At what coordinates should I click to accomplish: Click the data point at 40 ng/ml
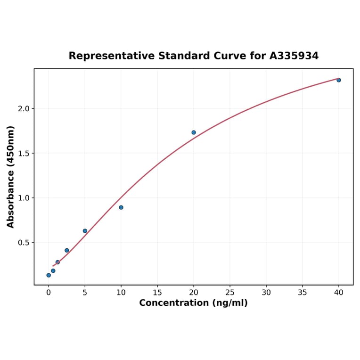[339, 80]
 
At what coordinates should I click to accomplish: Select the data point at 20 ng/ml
[194, 132]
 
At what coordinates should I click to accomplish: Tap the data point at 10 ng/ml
[121, 207]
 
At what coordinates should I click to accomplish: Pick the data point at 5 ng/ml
[85, 231]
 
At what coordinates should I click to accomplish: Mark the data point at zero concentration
[49, 275]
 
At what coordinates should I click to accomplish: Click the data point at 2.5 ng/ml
[67, 250]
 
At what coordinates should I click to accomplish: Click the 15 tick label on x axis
[157, 293]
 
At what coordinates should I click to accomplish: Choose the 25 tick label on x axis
[230, 293]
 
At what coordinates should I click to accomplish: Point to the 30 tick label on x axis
[266, 293]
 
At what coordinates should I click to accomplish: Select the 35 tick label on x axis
[303, 293]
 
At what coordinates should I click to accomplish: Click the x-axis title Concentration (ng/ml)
[193, 303]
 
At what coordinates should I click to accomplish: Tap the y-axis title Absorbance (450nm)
[11, 177]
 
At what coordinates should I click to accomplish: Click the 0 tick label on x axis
[49, 293]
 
